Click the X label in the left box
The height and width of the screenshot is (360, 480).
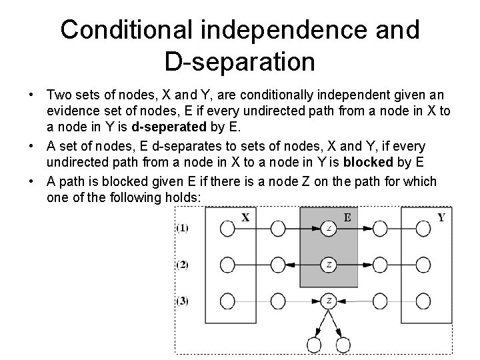[245, 217]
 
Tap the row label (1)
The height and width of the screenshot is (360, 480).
[182, 229]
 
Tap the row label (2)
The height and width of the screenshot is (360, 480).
[182, 265]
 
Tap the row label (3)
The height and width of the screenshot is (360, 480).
[182, 301]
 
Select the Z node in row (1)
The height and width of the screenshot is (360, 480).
[329, 229]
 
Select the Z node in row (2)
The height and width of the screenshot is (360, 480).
[329, 265]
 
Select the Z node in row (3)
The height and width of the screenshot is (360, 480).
[329, 301]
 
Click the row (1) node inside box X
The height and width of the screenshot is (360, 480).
[227, 229]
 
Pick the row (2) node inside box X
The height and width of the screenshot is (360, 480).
[227, 265]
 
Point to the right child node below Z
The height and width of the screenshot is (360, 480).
[343, 345]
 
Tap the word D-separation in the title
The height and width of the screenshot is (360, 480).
[239, 62]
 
